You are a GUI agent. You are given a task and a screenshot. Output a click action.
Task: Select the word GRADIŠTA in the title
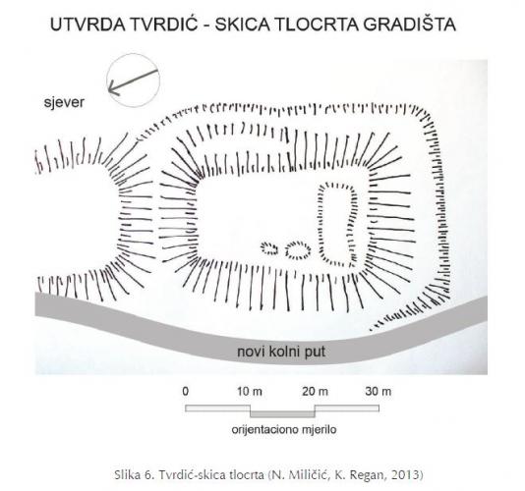coord(410,24)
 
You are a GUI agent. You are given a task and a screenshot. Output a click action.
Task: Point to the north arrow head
coord(112,89)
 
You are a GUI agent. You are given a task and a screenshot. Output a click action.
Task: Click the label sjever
coord(64,102)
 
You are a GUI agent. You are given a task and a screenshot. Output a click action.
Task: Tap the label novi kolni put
coord(281,352)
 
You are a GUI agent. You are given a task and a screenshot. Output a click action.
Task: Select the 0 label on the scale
coord(186,392)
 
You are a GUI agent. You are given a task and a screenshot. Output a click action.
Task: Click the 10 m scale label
coord(250,392)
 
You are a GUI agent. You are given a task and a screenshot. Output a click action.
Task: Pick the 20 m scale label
coord(315,392)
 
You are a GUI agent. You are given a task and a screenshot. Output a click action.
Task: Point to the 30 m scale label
coord(379,392)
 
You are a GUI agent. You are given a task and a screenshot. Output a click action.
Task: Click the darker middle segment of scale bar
coord(282,414)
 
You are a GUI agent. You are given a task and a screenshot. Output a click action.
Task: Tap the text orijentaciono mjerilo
coord(284,429)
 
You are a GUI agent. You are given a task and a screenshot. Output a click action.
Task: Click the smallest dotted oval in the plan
coord(269,248)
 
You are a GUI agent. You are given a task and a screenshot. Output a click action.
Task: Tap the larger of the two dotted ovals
coord(298,249)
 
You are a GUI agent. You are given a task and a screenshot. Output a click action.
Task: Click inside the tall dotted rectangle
coord(338,224)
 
